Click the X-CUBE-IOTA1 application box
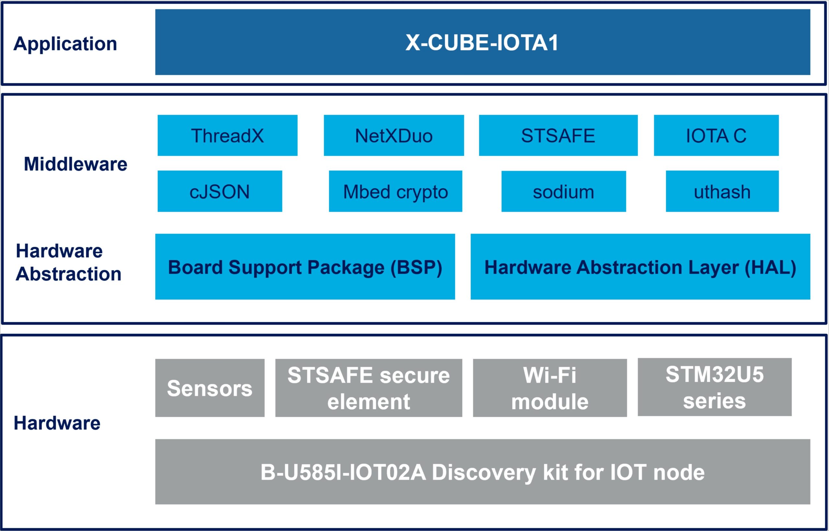click(483, 42)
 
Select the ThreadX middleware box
click(228, 135)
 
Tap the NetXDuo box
click(394, 135)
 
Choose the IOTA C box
click(716, 135)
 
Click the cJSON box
click(220, 191)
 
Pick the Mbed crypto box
click(395, 191)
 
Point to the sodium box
click(563, 191)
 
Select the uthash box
click(722, 191)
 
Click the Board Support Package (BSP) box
click(305, 266)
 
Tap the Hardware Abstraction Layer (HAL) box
click(641, 266)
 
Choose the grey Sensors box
click(210, 388)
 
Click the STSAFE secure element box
click(369, 388)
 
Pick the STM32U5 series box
click(714, 387)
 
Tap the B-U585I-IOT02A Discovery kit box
click(483, 472)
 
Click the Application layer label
click(65, 44)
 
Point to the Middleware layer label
click(75, 164)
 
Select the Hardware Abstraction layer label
click(68, 262)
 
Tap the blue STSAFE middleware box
click(558, 135)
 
